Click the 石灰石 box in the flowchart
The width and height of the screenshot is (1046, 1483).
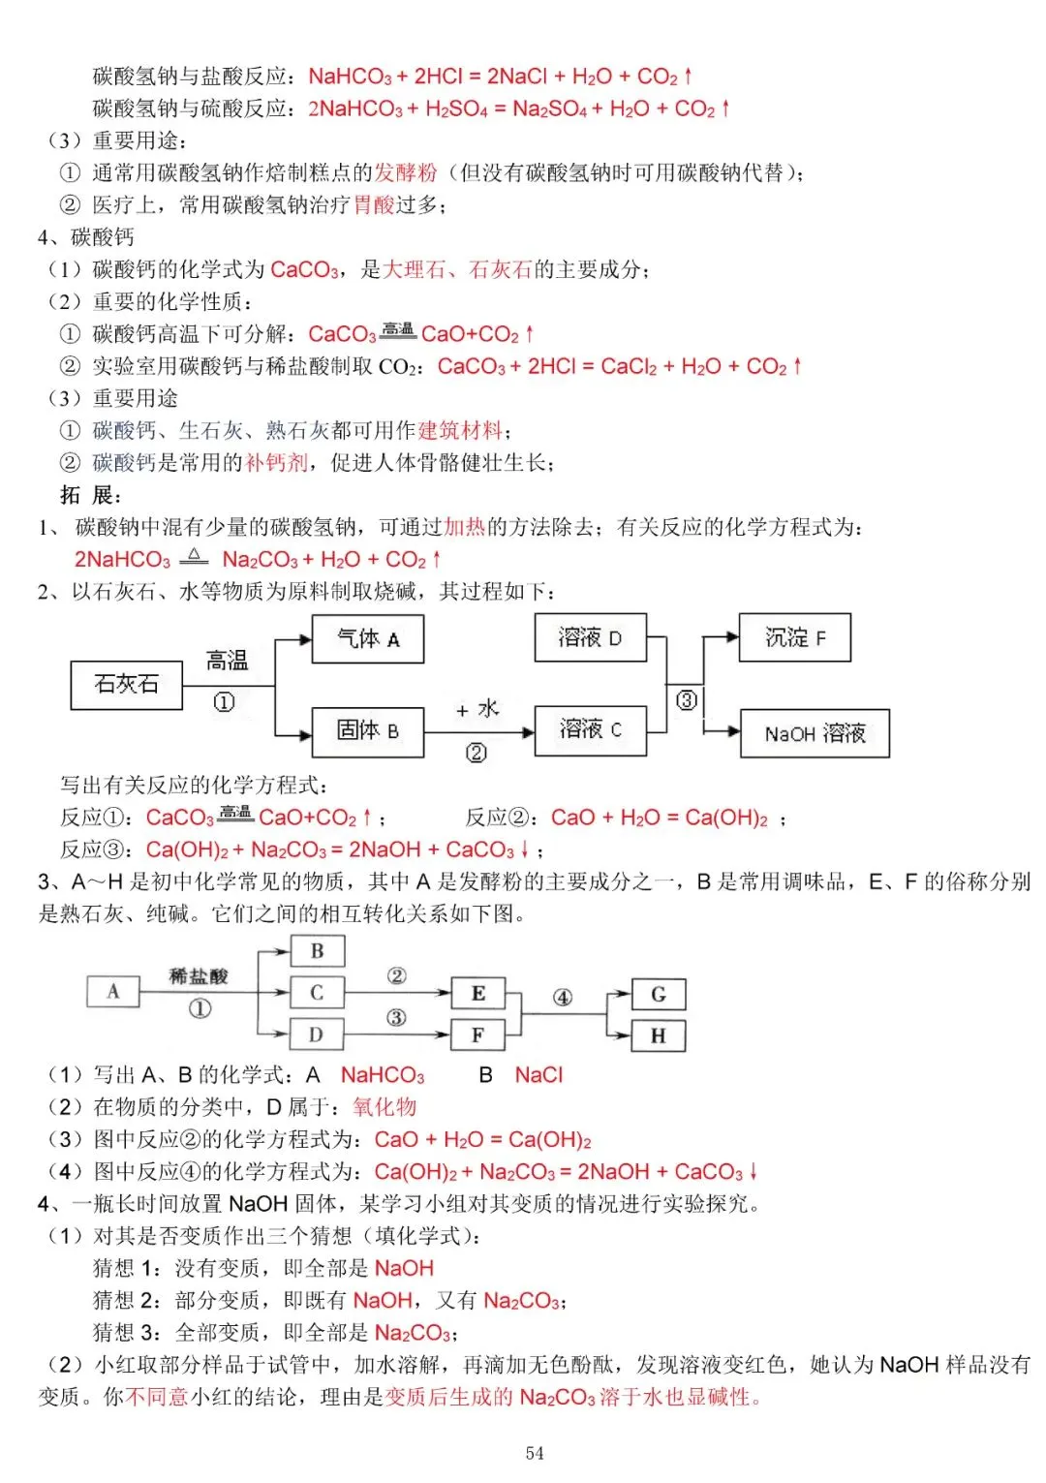127,685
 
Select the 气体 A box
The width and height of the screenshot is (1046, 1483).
367,639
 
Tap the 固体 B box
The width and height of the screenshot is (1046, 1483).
367,730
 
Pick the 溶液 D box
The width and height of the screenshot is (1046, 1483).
590,637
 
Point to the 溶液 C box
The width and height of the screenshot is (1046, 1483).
590,729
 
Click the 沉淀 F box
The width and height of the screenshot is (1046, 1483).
794,637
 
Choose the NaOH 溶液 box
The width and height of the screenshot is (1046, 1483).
814,733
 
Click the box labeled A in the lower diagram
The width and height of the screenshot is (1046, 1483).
113,991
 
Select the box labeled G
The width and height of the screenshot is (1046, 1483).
658,994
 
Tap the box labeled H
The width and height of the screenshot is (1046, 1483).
658,1035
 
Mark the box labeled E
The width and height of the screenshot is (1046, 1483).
477,994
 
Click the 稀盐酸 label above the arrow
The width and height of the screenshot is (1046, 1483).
199,975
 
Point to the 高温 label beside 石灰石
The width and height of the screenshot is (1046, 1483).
227,661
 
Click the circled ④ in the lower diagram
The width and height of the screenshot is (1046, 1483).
563,997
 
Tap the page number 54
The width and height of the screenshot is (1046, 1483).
535,1453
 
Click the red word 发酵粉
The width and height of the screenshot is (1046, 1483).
406,172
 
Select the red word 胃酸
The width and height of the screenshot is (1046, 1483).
374,204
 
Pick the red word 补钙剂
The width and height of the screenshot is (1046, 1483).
277,463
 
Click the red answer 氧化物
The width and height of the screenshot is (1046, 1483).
385,1106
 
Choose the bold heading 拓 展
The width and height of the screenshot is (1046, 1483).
90,495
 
